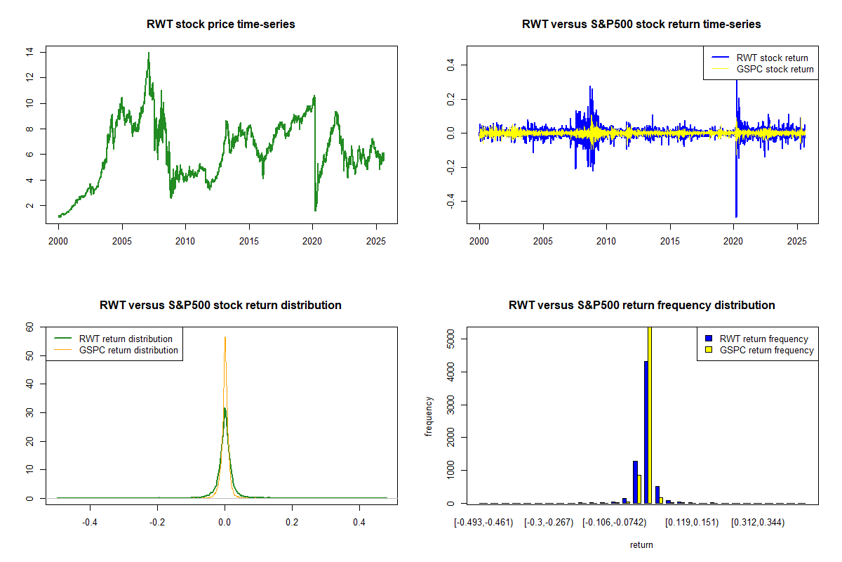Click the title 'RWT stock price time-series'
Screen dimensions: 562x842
221,25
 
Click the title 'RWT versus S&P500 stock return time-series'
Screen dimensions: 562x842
641,25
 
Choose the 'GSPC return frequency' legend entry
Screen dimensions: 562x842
766,350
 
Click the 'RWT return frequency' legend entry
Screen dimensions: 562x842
763,339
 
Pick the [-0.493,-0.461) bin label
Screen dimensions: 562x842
483,523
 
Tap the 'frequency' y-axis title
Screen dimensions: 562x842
429,417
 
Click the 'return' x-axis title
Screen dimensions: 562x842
641,544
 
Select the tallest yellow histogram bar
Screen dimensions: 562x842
650,414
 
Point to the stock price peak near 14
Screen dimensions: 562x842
148,53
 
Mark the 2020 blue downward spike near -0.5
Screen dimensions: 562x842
736,215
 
